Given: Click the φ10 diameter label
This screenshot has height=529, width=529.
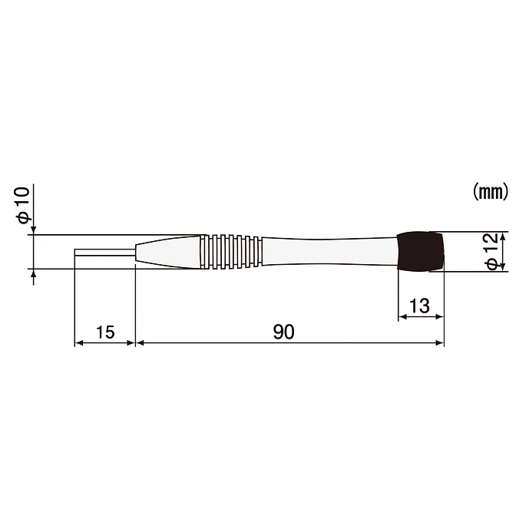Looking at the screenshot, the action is [x=24, y=206].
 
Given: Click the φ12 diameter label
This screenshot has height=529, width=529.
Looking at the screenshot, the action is [x=492, y=250].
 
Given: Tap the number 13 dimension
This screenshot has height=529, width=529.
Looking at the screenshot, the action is [x=420, y=306].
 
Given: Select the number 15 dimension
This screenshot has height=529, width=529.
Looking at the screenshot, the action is [x=105, y=332].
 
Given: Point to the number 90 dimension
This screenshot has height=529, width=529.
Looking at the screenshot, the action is [x=284, y=332].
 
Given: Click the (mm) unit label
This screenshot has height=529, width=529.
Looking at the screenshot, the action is [x=491, y=192].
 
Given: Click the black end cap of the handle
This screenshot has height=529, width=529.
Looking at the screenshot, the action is [x=421, y=251].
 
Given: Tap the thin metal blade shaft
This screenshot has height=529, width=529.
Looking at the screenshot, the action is [x=105, y=253].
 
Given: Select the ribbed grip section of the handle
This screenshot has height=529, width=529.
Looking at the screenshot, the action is [x=231, y=252].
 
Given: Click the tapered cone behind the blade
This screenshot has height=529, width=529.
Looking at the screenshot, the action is [x=168, y=252].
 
